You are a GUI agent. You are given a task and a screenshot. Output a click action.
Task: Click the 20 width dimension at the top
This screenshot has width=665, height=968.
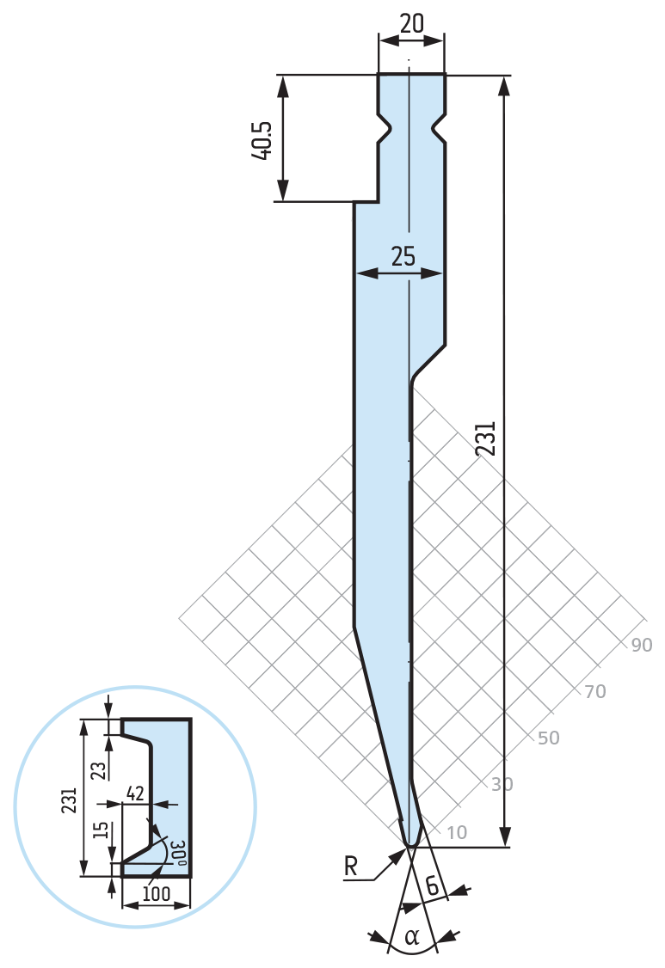411,23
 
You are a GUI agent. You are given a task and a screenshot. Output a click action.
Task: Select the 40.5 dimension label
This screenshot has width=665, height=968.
262,140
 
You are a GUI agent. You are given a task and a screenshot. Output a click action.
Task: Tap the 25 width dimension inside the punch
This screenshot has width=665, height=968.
403,256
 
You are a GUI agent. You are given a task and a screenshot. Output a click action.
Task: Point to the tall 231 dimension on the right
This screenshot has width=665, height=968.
486,438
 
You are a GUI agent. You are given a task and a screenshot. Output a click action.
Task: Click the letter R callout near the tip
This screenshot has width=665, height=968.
350,867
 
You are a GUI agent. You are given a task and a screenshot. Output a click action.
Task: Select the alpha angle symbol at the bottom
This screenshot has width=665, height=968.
411,937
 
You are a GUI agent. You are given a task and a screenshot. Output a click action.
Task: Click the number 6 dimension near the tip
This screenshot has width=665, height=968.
433,885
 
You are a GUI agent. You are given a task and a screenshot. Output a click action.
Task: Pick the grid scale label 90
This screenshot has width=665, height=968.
642,645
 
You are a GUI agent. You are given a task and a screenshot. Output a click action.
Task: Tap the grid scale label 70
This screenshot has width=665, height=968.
594,691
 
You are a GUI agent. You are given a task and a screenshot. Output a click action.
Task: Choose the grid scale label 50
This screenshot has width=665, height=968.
548,738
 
